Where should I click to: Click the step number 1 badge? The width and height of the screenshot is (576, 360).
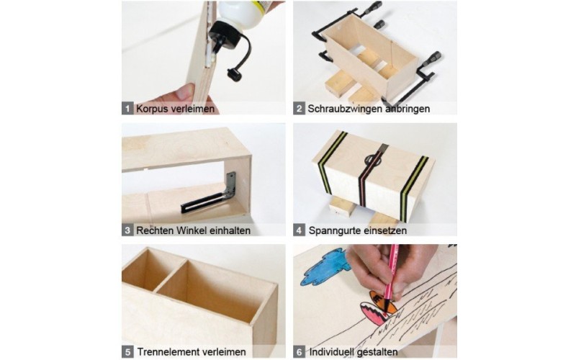pyautogui.click(x=127, y=109)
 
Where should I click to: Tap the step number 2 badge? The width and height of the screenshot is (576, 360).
pyautogui.click(x=299, y=109)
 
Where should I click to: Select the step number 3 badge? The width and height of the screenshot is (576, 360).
pyautogui.click(x=127, y=230)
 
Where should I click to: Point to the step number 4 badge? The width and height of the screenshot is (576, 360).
pyautogui.click(x=299, y=230)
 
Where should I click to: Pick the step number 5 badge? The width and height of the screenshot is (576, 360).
pyautogui.click(x=127, y=352)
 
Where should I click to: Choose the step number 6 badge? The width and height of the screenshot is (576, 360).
pyautogui.click(x=299, y=352)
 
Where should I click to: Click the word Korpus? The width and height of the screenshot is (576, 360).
pyautogui.click(x=152, y=109)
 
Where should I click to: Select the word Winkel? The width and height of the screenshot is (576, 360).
pyautogui.click(x=191, y=230)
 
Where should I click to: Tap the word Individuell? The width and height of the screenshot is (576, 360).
pyautogui.click(x=330, y=352)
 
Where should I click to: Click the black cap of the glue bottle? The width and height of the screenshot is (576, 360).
pyautogui.click(x=223, y=33)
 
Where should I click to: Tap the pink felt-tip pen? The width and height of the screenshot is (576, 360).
pyautogui.click(x=390, y=279)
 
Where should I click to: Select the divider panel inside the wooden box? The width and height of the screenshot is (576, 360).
pyautogui.click(x=170, y=274)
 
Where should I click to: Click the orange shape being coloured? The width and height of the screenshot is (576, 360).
pyautogui.click(x=382, y=302)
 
